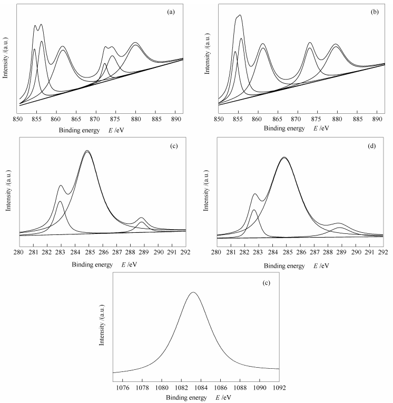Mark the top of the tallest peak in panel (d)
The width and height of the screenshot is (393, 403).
[284, 157]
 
